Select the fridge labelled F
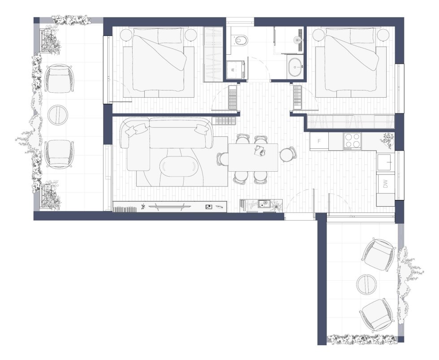[319, 141]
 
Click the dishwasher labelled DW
[386, 184]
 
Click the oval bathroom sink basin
[295, 67]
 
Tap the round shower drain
[297, 39]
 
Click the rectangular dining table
[253, 157]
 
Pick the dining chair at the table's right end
[287, 155]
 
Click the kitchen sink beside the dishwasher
[386, 162]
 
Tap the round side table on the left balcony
[58, 115]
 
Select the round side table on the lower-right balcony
[367, 284]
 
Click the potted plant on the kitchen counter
[388, 139]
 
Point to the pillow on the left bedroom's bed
[170, 35]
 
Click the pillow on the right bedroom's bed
[362, 35]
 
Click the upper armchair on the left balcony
[59, 79]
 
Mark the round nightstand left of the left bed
[126, 35]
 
